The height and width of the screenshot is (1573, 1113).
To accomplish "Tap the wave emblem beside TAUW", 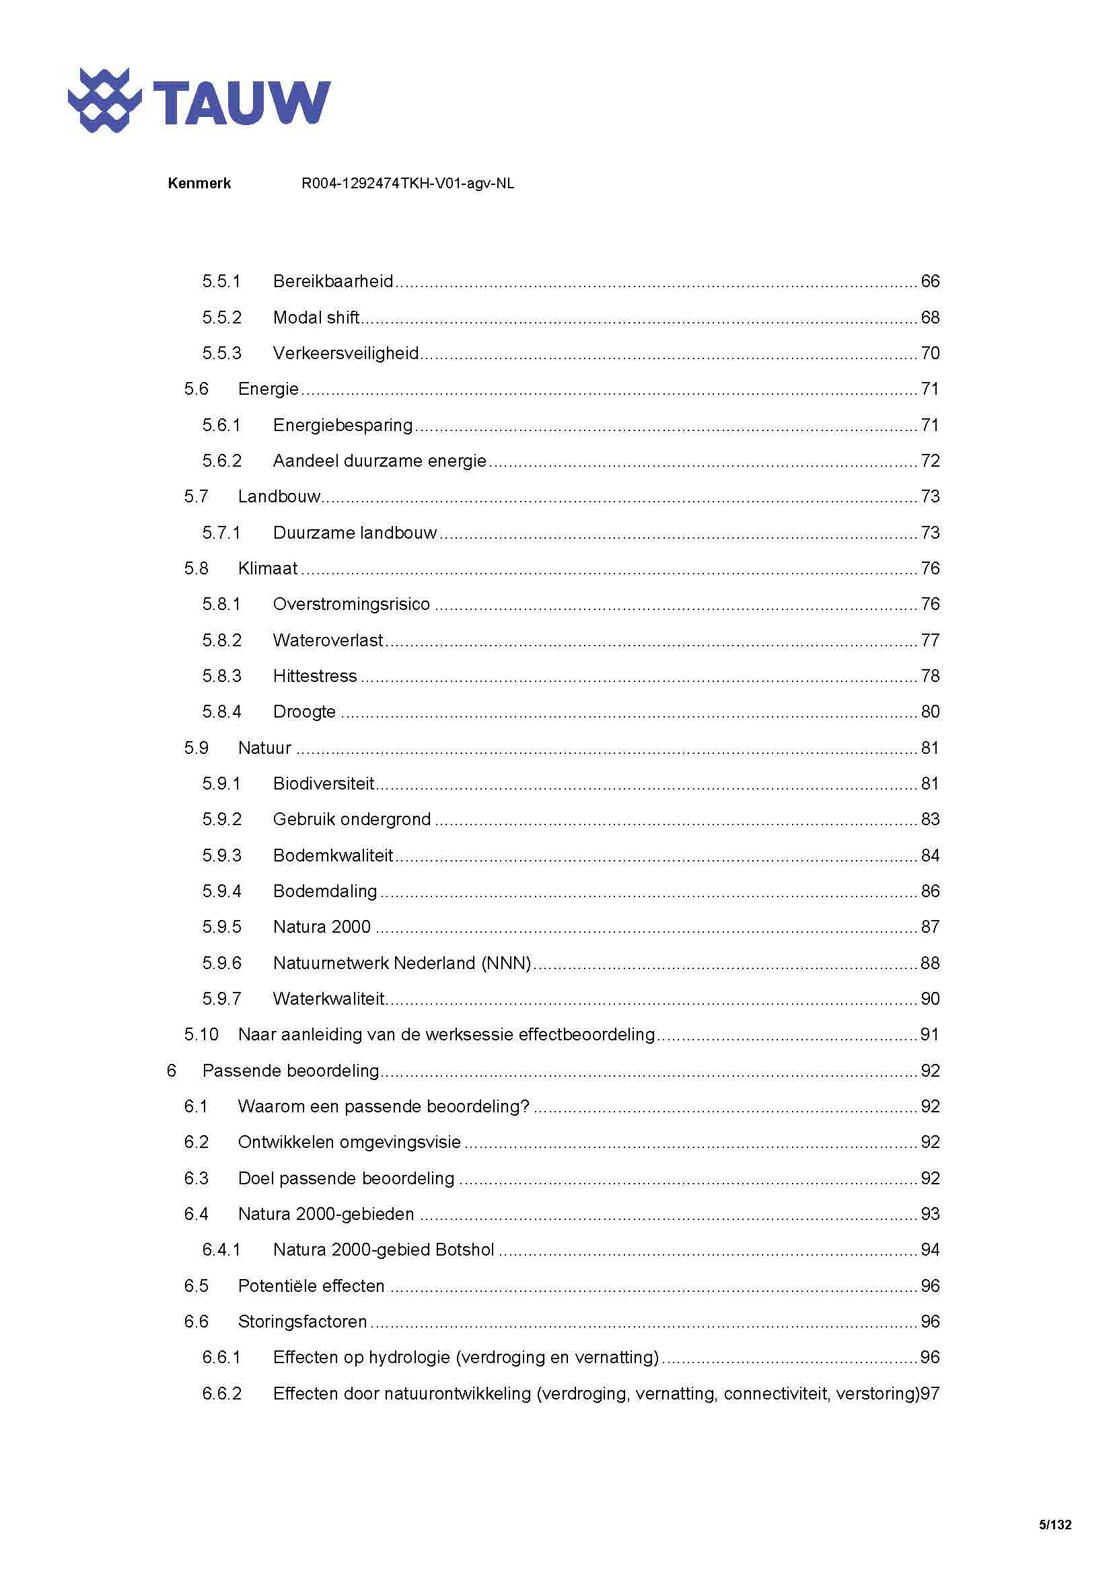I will [x=104, y=100].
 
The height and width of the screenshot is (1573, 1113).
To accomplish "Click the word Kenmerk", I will [x=199, y=184].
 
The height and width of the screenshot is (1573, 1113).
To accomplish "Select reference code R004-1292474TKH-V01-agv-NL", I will [x=408, y=184].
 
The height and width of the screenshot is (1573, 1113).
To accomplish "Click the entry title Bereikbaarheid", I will [x=333, y=282].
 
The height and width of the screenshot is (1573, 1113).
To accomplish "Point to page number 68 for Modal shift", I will [x=929, y=318].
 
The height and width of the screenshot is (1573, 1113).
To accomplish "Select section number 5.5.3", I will [x=221, y=354].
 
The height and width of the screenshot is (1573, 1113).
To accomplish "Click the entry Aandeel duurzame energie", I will [x=380, y=461].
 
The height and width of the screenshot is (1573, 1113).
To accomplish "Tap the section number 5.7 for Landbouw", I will [x=196, y=497].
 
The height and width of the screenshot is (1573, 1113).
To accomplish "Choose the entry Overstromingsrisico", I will [x=351, y=605].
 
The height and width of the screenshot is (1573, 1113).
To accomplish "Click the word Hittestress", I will [x=314, y=676].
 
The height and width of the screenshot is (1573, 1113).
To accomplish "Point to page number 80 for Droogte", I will [x=929, y=712].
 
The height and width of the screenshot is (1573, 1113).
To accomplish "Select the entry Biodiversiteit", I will [x=324, y=783].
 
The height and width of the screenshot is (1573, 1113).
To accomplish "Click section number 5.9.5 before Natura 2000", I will [x=221, y=927].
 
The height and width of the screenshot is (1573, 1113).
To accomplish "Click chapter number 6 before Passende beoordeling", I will [x=172, y=1071].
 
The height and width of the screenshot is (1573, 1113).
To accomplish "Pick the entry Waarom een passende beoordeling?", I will [x=384, y=1106].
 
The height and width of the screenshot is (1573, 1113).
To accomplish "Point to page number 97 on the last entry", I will [x=929, y=1393].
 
